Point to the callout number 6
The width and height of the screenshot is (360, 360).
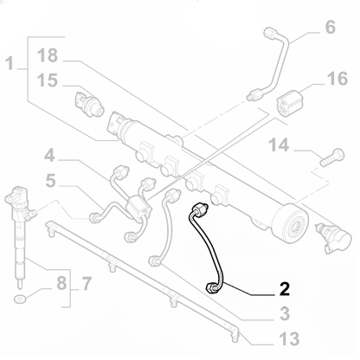point(330,28)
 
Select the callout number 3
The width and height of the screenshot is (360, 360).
point(283,313)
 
